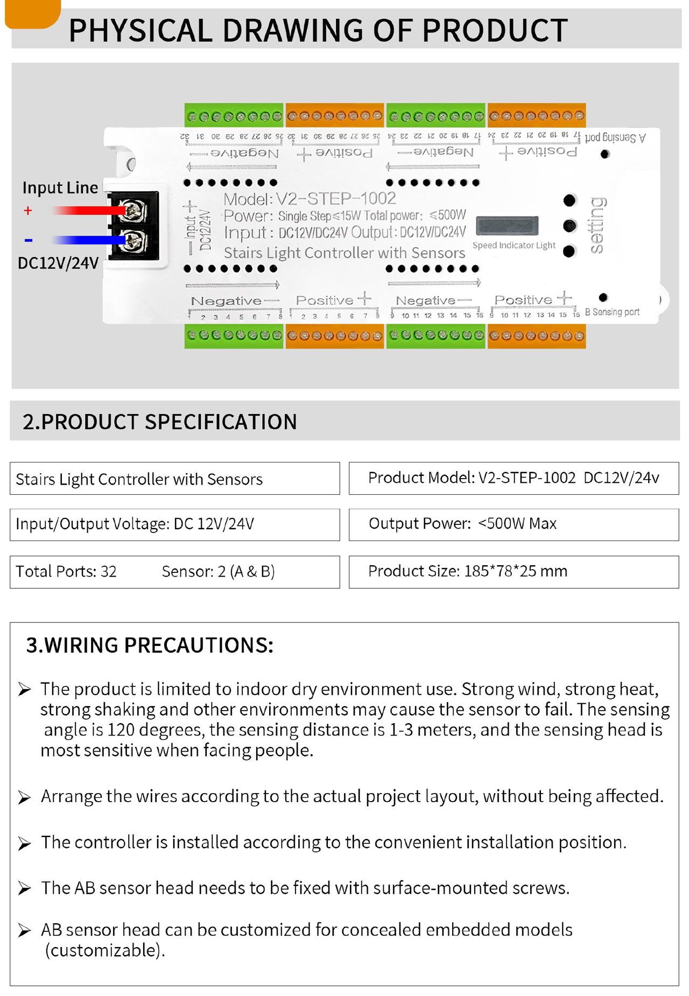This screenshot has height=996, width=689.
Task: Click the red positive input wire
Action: [x=86, y=211]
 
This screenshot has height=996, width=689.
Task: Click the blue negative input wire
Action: [x=86, y=240]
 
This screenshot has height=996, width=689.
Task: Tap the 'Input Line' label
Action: [x=60, y=187]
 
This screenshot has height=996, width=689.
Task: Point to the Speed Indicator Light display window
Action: [x=507, y=226]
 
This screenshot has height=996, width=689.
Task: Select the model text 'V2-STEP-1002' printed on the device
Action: [x=336, y=199]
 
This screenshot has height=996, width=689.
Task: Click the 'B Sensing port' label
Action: [x=613, y=312]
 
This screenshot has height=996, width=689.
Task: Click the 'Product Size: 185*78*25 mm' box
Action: [x=514, y=571]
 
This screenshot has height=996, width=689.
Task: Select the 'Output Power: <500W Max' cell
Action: [x=514, y=524]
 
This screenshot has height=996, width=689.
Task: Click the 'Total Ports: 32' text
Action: [x=66, y=571]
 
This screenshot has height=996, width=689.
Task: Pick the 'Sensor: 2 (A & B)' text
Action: [x=218, y=571]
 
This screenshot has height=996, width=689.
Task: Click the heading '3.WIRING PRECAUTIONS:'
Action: [x=150, y=645]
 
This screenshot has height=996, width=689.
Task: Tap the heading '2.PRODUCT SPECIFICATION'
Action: [x=160, y=422]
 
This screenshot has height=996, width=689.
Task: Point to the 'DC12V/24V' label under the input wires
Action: [x=58, y=263]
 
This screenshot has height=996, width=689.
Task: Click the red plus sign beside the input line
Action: [x=28, y=211]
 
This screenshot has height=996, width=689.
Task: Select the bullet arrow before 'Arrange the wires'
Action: [x=24, y=797]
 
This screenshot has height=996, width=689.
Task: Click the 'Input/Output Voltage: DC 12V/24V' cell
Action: [x=174, y=524]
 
